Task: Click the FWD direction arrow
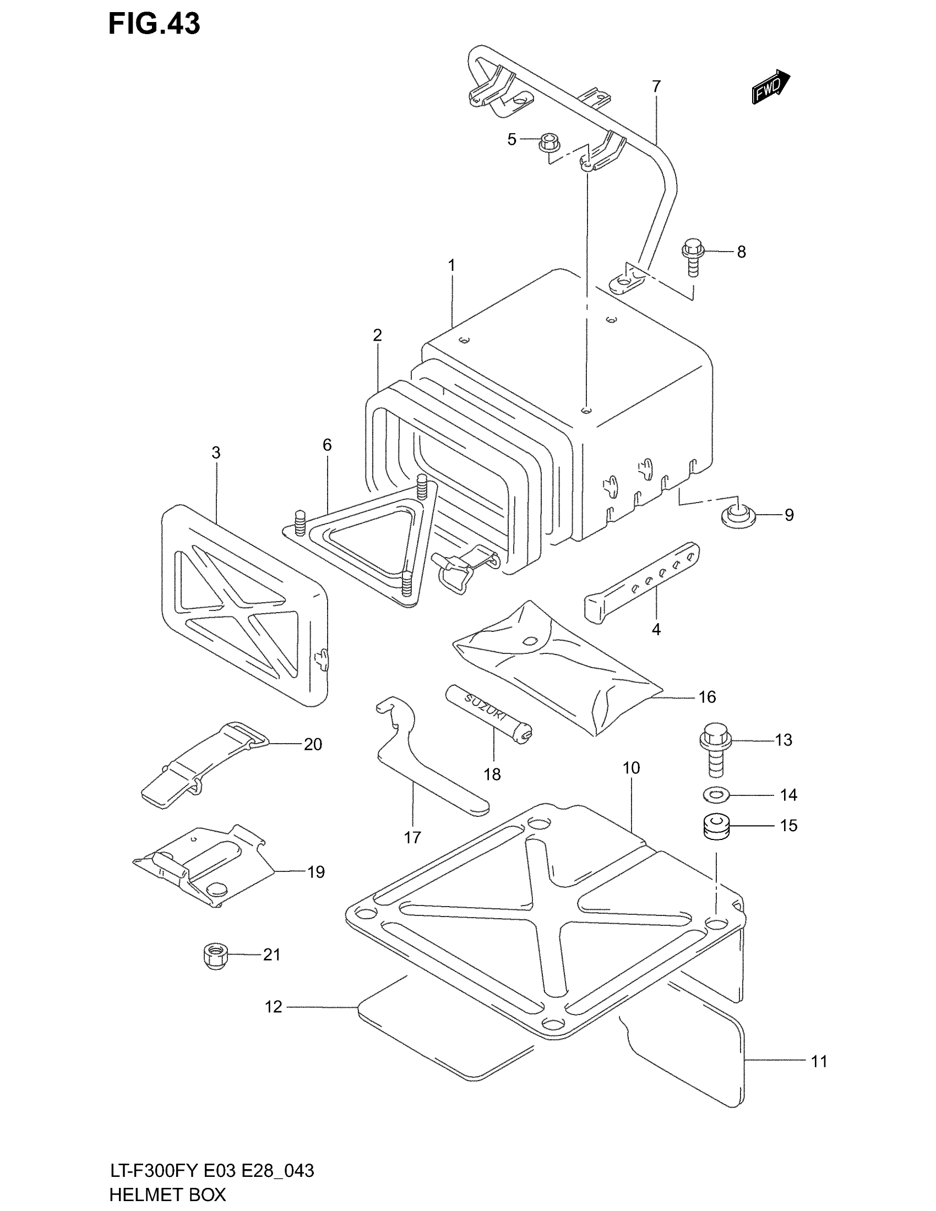pos(770,86)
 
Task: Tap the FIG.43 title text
pos(154,24)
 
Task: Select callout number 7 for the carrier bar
pos(656,86)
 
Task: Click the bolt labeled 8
pos(693,256)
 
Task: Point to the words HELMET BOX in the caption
pos(167,1194)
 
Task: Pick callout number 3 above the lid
pos(216,452)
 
